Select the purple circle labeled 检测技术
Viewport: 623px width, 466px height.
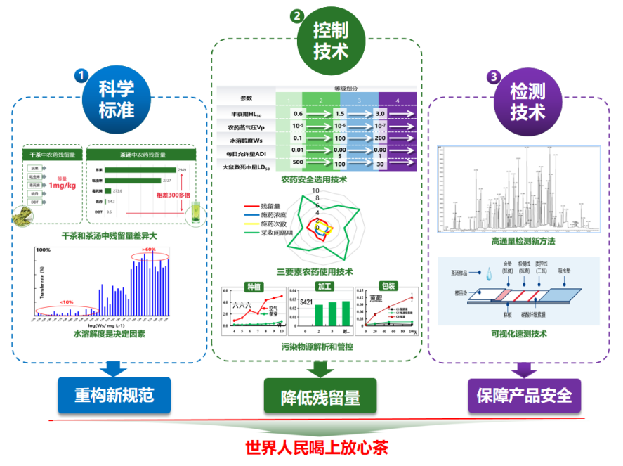click(527, 102)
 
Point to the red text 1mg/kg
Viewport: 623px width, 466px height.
click(62, 185)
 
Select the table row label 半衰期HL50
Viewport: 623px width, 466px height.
click(243, 114)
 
